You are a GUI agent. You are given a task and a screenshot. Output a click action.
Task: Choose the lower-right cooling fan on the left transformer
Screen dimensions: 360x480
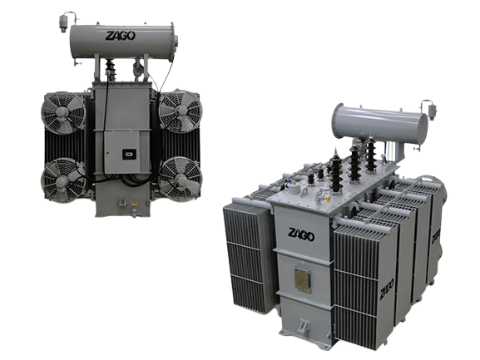(x=177, y=177)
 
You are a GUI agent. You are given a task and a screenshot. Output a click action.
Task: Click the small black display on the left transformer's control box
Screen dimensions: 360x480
(x=129, y=153)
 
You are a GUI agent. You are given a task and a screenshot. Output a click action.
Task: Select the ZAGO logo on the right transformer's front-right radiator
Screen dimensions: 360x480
(x=385, y=291)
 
